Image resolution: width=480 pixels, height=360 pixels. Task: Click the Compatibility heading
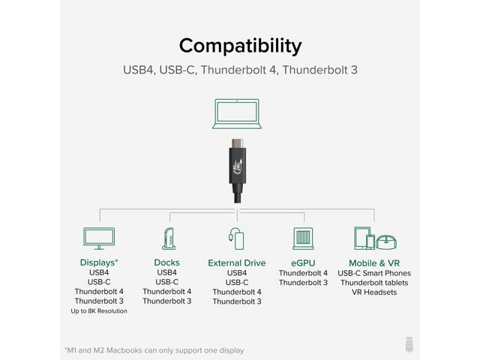[x=240, y=44]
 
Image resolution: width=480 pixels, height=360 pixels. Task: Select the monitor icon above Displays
[x=98, y=238]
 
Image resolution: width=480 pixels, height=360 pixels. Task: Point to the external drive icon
[x=236, y=238]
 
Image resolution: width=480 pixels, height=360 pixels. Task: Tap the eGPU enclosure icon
[x=304, y=238]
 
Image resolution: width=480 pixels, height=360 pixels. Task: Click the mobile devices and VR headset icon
[x=374, y=238]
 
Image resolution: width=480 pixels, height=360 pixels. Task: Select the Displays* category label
[x=99, y=262]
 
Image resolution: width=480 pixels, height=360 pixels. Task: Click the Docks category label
[x=166, y=262]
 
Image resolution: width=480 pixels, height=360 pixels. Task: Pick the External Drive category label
[x=237, y=263]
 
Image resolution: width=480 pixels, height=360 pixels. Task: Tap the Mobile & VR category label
[x=374, y=263]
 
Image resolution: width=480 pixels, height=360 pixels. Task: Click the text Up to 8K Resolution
[x=99, y=310]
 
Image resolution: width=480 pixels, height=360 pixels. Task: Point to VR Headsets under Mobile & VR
[x=374, y=292]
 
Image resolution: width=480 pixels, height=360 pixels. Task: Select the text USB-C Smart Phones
[x=374, y=273]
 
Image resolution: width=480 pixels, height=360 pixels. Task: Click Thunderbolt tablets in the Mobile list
[x=374, y=283]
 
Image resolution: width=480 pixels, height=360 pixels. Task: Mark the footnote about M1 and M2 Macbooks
[x=154, y=349]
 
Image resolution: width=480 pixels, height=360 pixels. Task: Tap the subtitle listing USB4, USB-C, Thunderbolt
[x=240, y=70]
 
